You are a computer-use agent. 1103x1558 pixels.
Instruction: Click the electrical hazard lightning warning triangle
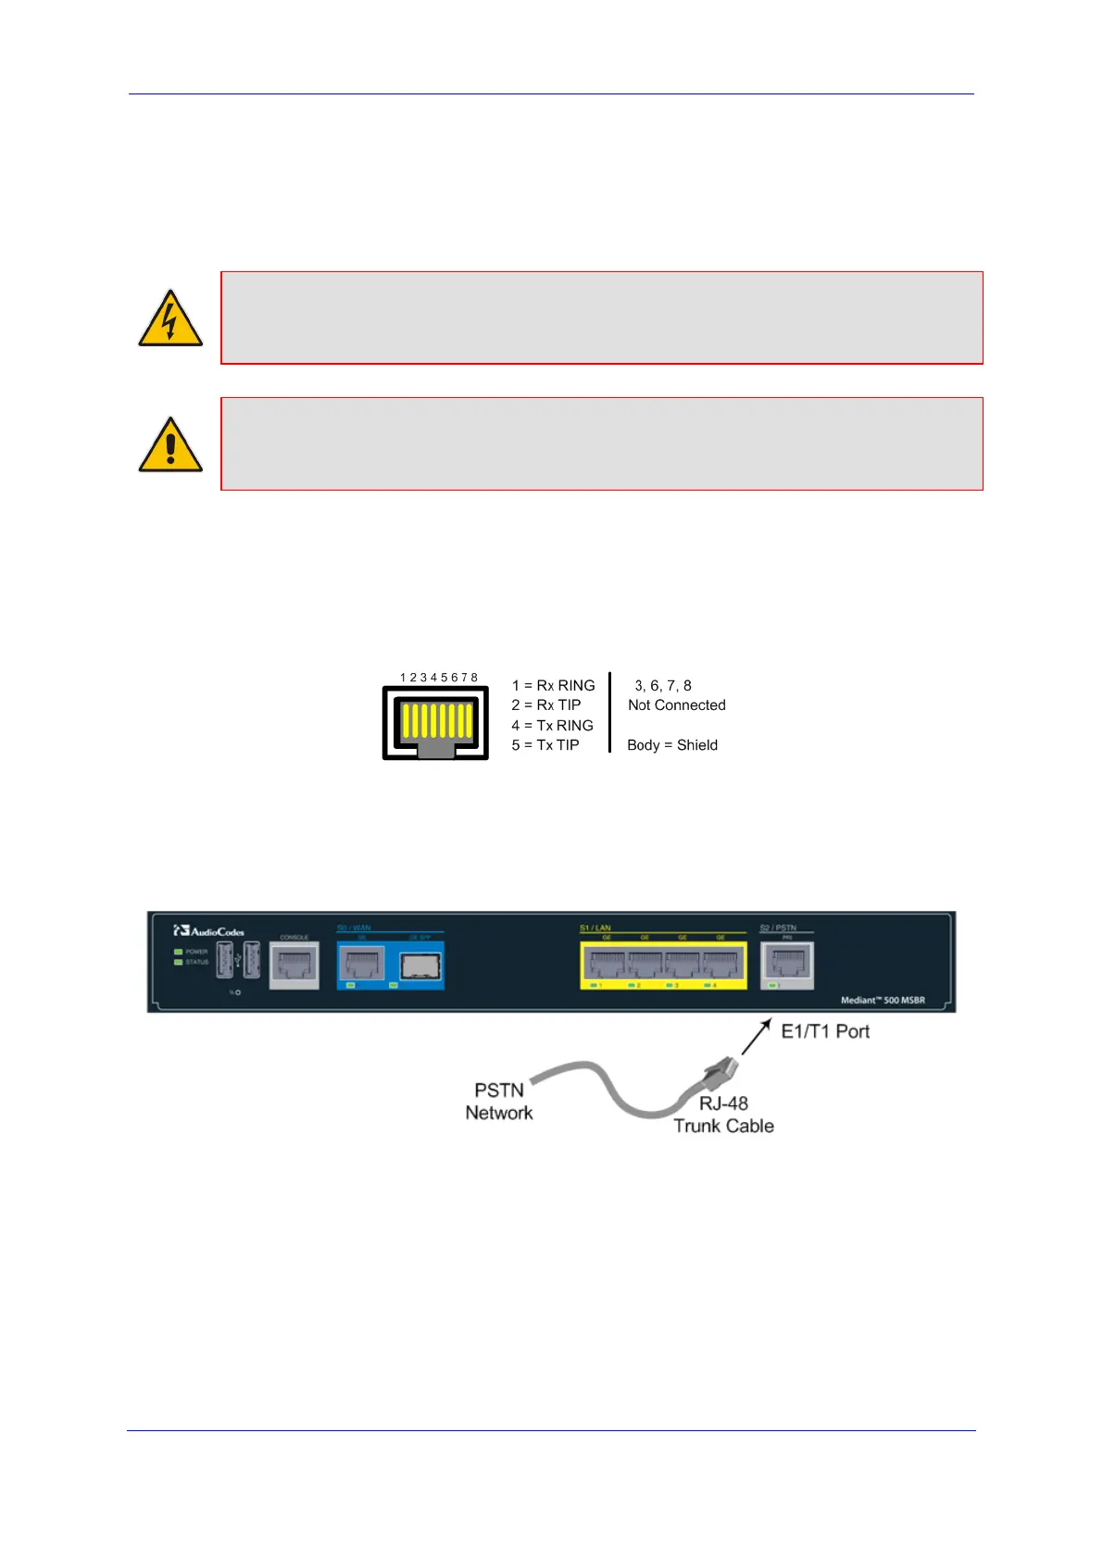click(x=169, y=320)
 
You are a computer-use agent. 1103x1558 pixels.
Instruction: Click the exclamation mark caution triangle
click(x=169, y=446)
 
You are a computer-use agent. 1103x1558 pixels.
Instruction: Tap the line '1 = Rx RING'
click(x=553, y=686)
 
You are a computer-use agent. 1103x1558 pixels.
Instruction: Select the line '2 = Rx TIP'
click(x=546, y=705)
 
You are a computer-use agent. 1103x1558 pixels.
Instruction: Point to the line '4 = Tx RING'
click(x=552, y=726)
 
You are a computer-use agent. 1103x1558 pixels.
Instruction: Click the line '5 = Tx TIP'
click(x=545, y=745)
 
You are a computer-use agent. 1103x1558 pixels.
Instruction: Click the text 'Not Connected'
click(x=676, y=705)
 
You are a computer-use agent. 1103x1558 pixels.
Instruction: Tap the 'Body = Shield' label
click(x=671, y=745)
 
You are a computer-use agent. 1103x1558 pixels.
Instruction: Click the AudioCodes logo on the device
click(x=209, y=931)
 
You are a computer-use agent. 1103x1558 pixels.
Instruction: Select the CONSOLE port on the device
click(x=294, y=966)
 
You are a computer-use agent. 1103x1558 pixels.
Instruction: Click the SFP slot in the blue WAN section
click(x=420, y=966)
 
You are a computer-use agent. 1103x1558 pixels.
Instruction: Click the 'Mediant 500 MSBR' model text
click(x=882, y=1001)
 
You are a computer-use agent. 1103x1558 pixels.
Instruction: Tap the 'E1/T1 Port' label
click(x=825, y=1032)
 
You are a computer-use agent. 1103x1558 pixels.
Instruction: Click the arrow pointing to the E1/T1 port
click(x=756, y=1037)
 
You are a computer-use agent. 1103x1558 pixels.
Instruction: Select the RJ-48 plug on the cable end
click(x=720, y=1072)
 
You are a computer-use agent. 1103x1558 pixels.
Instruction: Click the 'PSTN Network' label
click(x=499, y=1102)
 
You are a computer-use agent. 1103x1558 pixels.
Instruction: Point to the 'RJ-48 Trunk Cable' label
click(x=723, y=1115)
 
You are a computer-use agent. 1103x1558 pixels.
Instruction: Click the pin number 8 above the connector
click(x=474, y=678)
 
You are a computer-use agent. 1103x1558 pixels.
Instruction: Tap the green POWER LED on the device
click(x=178, y=952)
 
